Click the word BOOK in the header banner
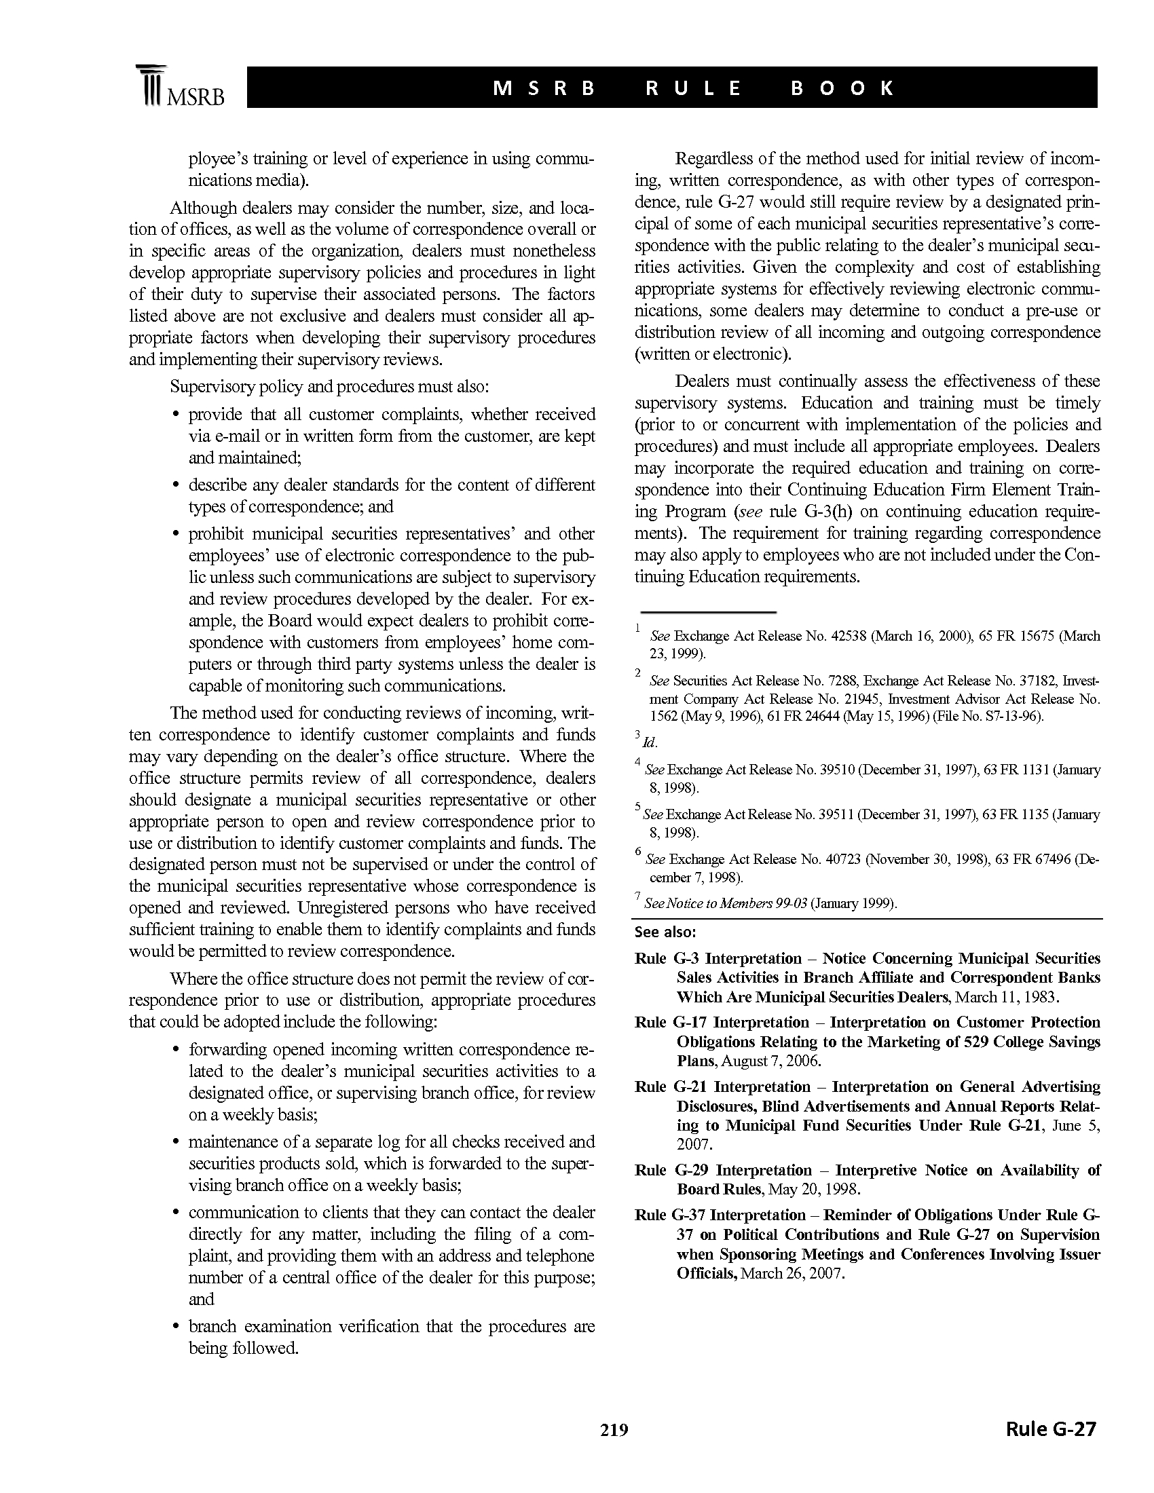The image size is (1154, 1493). (842, 88)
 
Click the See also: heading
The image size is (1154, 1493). (665, 932)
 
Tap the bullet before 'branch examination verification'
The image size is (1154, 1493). (176, 1327)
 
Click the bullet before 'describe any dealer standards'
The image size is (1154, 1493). (176, 485)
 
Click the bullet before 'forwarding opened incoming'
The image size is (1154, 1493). (176, 1050)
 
